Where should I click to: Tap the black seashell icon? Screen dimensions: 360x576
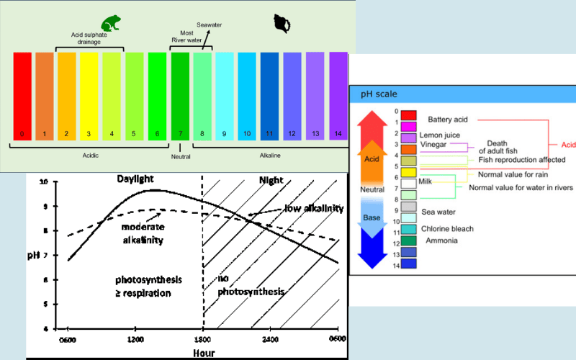[282, 24]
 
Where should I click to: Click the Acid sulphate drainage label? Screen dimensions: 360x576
[91, 39]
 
